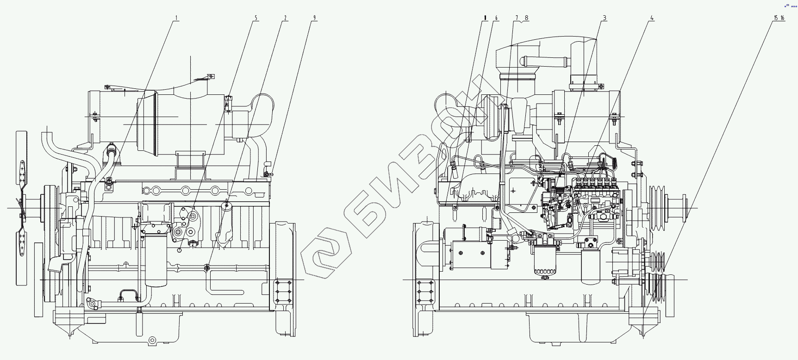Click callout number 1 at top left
click(x=176, y=18)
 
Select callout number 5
click(x=256, y=18)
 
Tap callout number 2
click(x=285, y=18)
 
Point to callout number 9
click(x=315, y=18)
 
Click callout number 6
click(x=496, y=18)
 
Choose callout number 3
click(x=604, y=18)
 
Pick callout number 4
click(x=652, y=18)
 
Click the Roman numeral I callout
click(x=485, y=18)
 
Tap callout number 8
click(x=526, y=18)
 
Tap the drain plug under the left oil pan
click(x=152, y=341)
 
